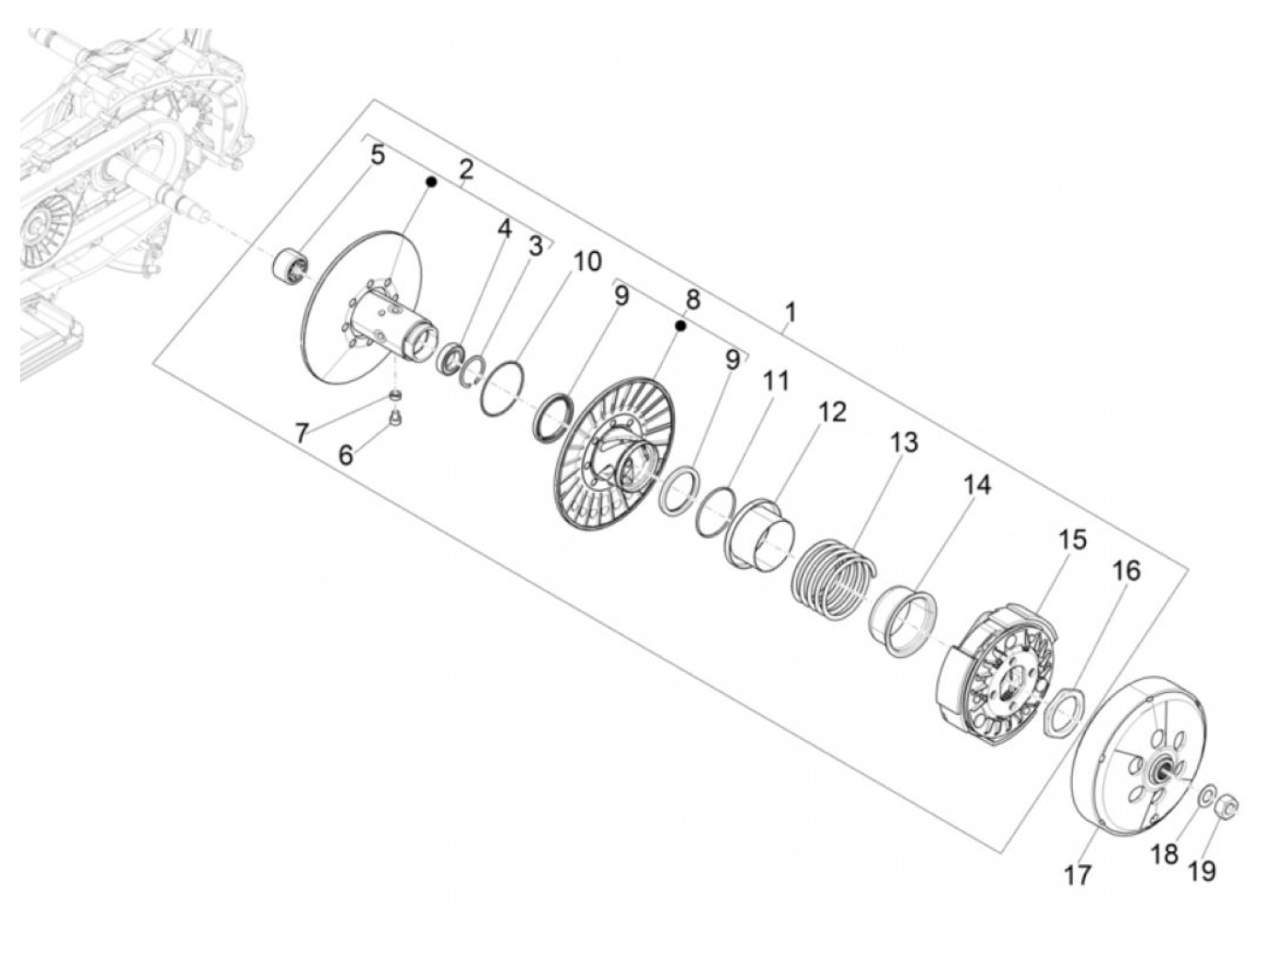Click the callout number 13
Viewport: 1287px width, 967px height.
(904, 442)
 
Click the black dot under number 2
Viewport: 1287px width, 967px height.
(431, 182)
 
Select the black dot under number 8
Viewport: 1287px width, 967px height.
(680, 325)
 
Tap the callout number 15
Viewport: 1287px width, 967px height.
(1072, 540)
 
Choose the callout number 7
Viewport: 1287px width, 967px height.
(302, 434)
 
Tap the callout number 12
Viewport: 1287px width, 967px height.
(831, 413)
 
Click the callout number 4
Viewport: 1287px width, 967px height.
(505, 229)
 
